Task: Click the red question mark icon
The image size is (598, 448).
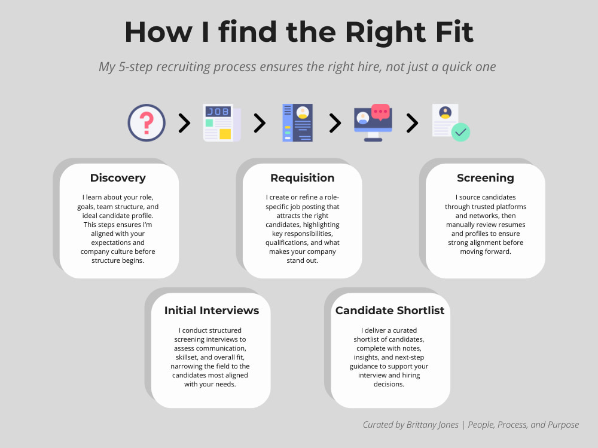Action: pos(147,122)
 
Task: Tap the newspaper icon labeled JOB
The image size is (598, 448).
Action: pos(222,122)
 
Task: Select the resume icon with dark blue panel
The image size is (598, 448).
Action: pos(297,122)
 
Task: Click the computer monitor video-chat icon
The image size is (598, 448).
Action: pos(373,122)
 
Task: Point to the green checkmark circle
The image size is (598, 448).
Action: pos(460,132)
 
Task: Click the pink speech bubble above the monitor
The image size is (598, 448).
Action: pos(380,112)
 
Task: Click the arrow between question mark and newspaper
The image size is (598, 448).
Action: pos(184,123)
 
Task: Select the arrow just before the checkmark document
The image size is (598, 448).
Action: pos(412,123)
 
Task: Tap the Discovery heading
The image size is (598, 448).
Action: pos(118,178)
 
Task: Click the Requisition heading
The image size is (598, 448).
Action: pos(303,178)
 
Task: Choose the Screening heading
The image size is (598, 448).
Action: pos(486,178)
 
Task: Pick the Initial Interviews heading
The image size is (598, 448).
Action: pos(212,311)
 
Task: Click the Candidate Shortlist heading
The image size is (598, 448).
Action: pos(390,311)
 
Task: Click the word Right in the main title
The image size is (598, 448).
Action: pos(385,32)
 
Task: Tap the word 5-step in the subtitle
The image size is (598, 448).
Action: pos(135,67)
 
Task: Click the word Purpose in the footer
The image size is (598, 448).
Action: pos(563,425)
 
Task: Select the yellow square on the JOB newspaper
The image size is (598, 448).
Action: pos(225,134)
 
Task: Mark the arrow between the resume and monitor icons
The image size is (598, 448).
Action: pos(335,123)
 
